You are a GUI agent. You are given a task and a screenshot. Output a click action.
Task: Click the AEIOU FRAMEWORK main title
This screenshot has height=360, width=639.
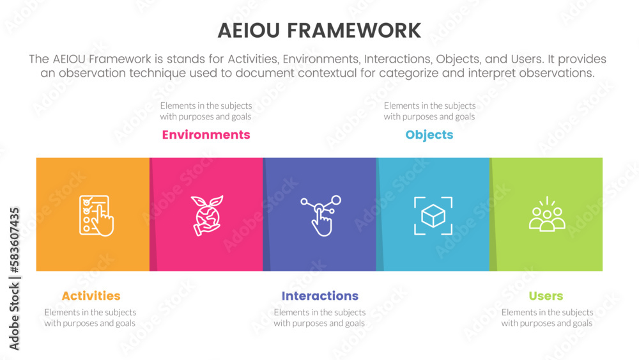click(319, 31)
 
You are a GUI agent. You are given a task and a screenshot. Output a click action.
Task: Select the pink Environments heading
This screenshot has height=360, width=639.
click(206, 134)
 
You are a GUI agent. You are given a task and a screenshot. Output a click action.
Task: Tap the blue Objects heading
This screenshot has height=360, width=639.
click(429, 135)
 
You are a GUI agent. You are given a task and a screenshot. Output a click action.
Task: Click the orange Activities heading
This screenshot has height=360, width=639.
click(91, 295)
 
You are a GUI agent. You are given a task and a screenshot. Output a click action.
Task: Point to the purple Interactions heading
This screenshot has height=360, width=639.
click(320, 295)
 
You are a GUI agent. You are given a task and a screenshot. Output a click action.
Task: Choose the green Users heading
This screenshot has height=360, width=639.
click(546, 295)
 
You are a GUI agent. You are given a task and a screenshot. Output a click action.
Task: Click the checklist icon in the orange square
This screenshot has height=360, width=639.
click(96, 215)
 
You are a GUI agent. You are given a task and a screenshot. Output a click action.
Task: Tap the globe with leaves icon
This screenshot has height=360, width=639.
click(207, 215)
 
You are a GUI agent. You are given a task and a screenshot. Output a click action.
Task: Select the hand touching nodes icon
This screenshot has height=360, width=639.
click(321, 215)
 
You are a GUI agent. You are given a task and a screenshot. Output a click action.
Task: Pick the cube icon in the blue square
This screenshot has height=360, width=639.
click(433, 215)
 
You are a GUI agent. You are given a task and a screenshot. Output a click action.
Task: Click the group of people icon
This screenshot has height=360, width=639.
click(547, 214)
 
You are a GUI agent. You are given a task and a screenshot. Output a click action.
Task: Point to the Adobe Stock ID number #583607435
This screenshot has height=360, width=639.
click(14, 240)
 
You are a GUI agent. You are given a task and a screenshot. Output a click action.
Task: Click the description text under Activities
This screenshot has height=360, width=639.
click(90, 318)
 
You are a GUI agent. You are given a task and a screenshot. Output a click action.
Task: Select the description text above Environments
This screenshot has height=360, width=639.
click(206, 111)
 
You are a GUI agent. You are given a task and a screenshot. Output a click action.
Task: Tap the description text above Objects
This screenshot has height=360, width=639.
click(429, 111)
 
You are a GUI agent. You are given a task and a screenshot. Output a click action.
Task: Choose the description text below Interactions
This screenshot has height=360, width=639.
click(319, 318)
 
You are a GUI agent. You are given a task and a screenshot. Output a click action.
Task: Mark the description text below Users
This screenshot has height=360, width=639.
click(547, 318)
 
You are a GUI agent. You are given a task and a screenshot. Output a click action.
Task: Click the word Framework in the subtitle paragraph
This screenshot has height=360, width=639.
click(120, 59)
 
